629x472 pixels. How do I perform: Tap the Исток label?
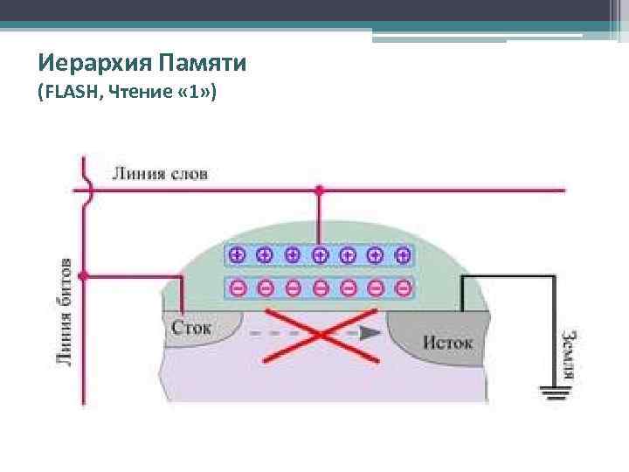point(446,341)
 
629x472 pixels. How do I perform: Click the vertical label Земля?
point(568,354)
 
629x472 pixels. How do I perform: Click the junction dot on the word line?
point(319,188)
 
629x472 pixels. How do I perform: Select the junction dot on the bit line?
point(83,276)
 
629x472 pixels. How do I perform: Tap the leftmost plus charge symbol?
point(236,255)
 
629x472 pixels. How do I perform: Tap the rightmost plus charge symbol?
point(402,255)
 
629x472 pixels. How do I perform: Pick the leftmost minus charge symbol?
point(236,287)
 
